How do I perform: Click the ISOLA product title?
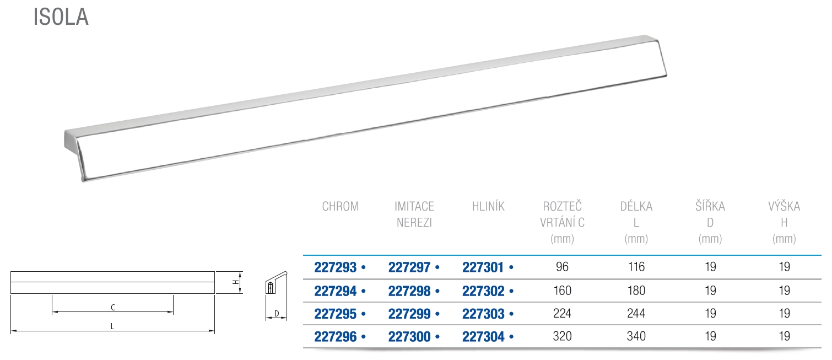click(x=61, y=17)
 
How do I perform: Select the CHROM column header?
click(x=340, y=206)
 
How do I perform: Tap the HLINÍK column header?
click(x=488, y=206)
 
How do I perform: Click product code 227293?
click(x=336, y=267)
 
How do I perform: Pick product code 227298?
click(x=409, y=291)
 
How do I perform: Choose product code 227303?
click(x=483, y=314)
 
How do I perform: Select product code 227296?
click(x=336, y=337)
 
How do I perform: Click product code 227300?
click(x=409, y=337)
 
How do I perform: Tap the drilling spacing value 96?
click(x=562, y=267)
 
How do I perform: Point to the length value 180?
click(x=636, y=291)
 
